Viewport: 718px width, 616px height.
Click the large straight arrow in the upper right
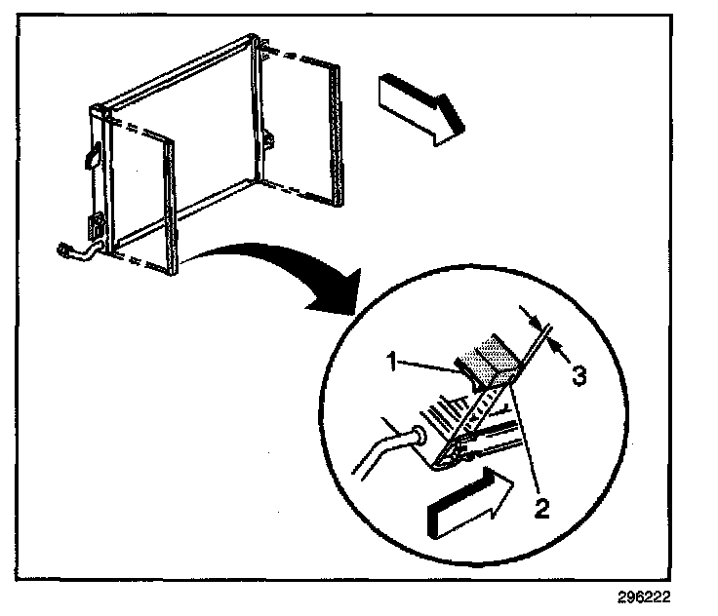(419, 107)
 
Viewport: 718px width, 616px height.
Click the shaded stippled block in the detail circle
(487, 359)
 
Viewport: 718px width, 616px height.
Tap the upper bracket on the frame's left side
(93, 154)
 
